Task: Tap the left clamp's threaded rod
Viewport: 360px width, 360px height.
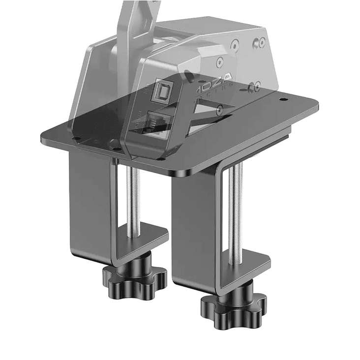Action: (133, 197)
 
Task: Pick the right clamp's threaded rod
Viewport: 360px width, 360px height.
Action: (237, 207)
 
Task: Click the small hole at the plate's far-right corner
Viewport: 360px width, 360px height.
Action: (284, 100)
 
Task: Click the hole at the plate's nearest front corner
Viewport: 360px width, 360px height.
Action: (160, 159)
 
